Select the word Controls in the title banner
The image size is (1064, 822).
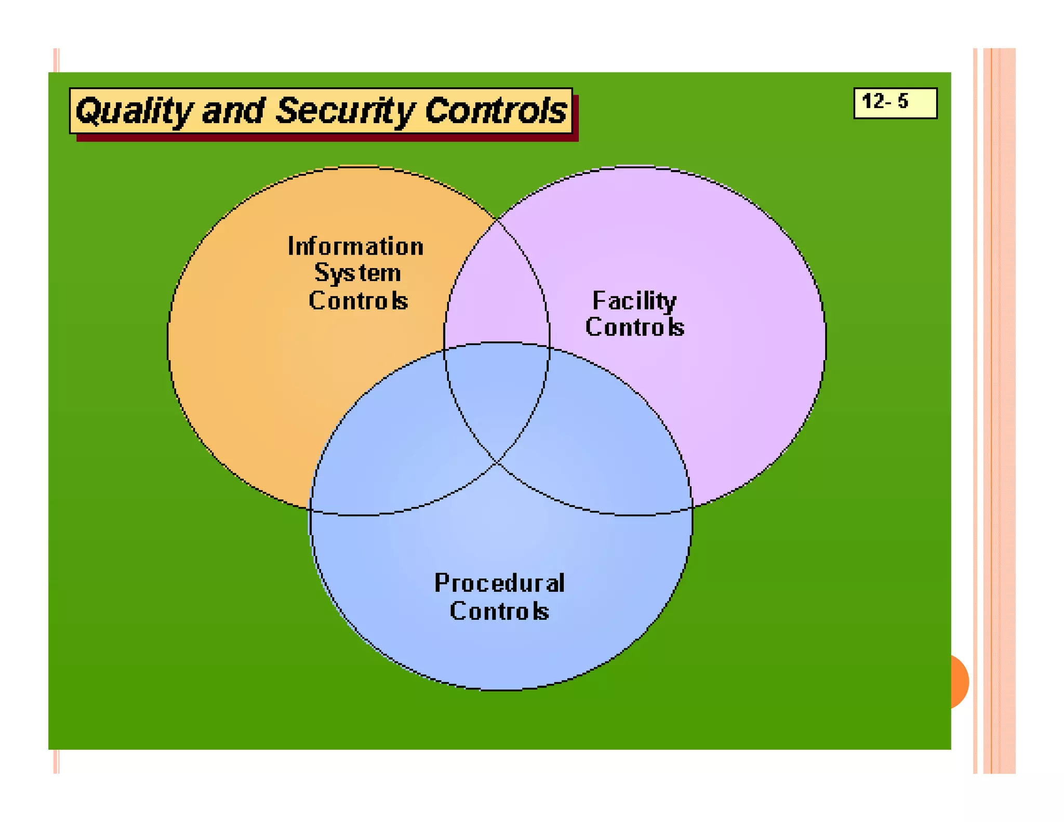[496, 111]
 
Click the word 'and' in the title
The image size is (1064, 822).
[233, 111]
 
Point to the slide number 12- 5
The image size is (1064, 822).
[885, 101]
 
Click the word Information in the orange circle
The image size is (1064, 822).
[356, 246]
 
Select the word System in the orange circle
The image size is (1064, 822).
[358, 273]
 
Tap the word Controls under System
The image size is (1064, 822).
[358, 300]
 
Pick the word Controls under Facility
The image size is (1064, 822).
[634, 327]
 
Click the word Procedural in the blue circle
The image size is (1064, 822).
[499, 583]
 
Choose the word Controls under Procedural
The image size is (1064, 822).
[499, 611]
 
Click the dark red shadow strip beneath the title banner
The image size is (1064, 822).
[327, 138]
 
